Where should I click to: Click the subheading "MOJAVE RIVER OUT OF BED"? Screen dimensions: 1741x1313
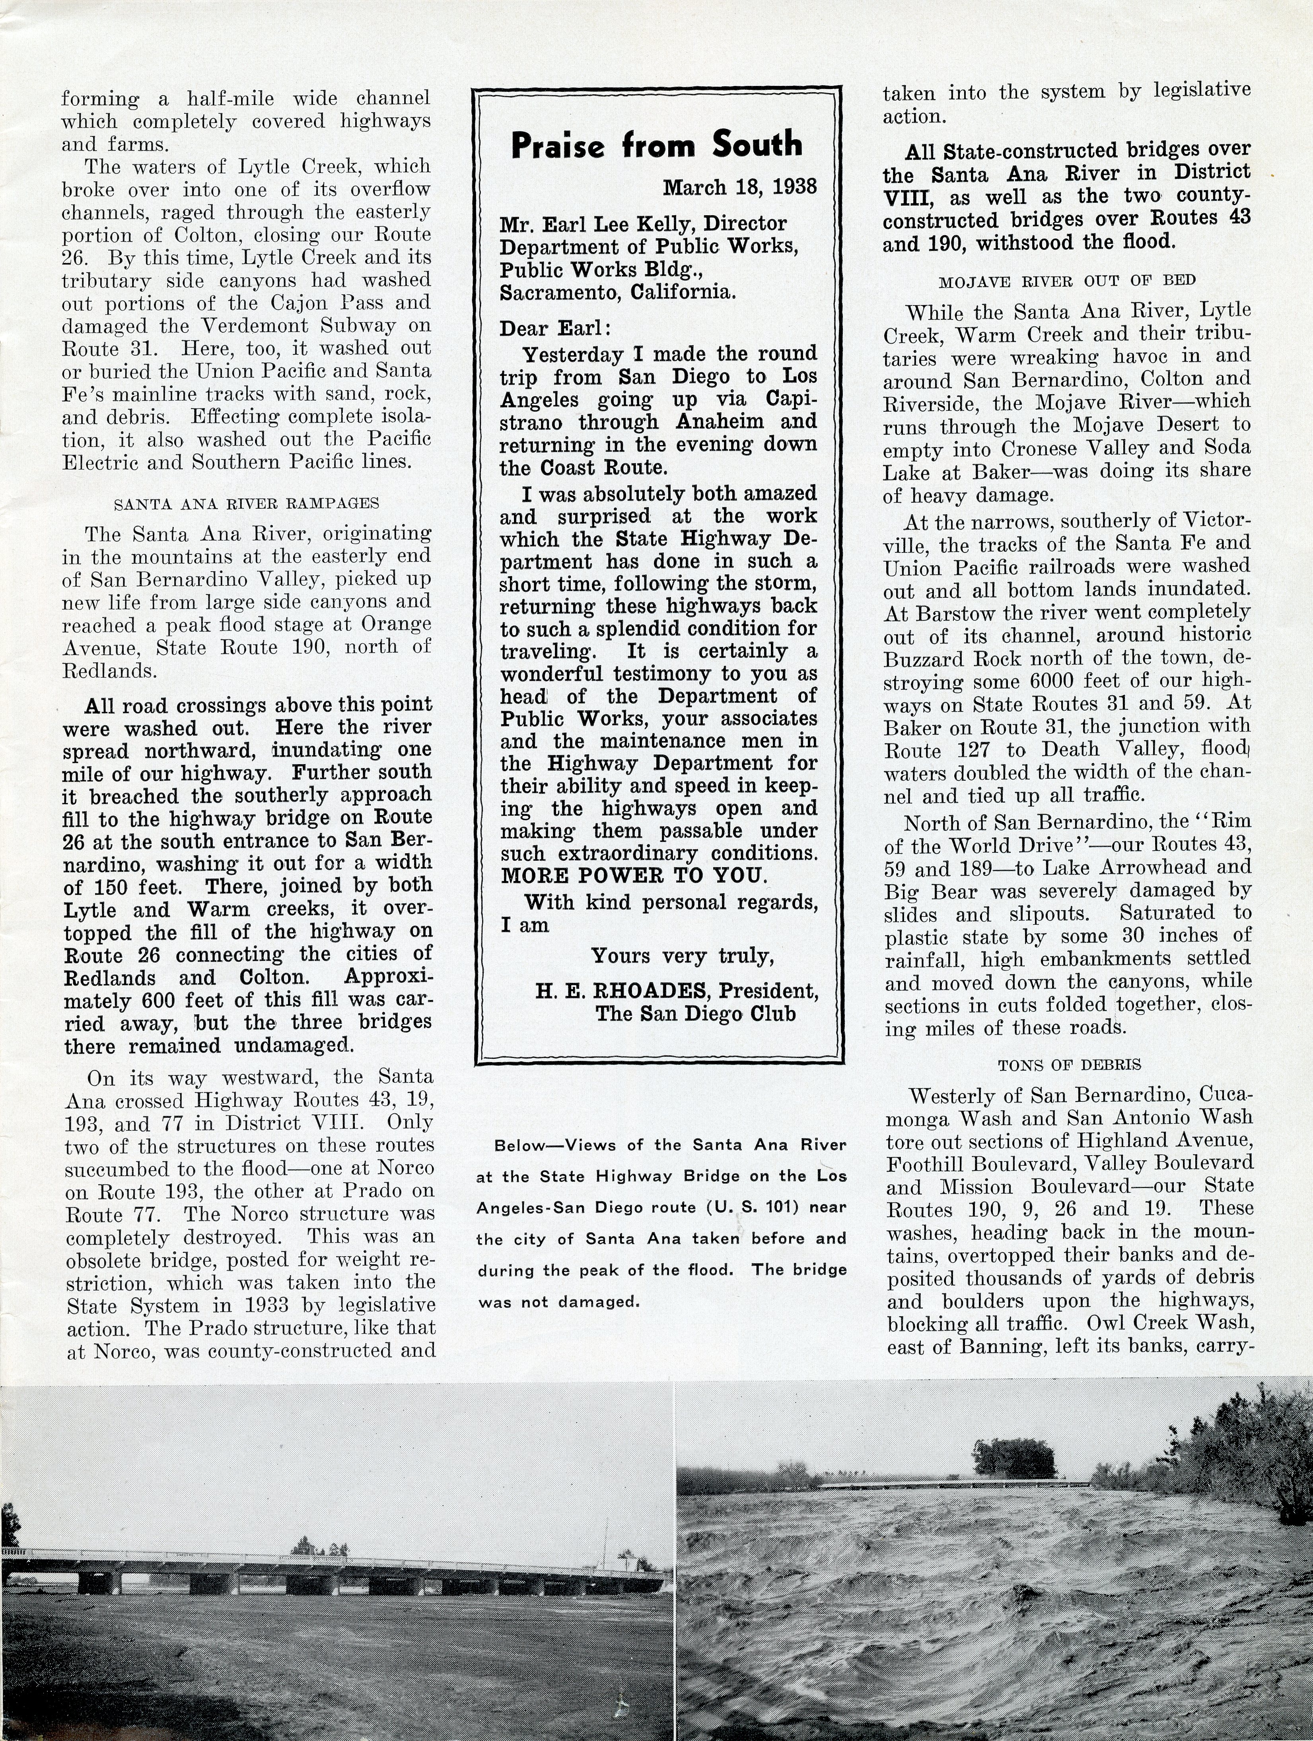(1067, 281)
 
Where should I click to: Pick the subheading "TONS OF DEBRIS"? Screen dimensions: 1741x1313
(1069, 1064)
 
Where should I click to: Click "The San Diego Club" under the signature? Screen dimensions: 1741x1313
(695, 1014)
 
